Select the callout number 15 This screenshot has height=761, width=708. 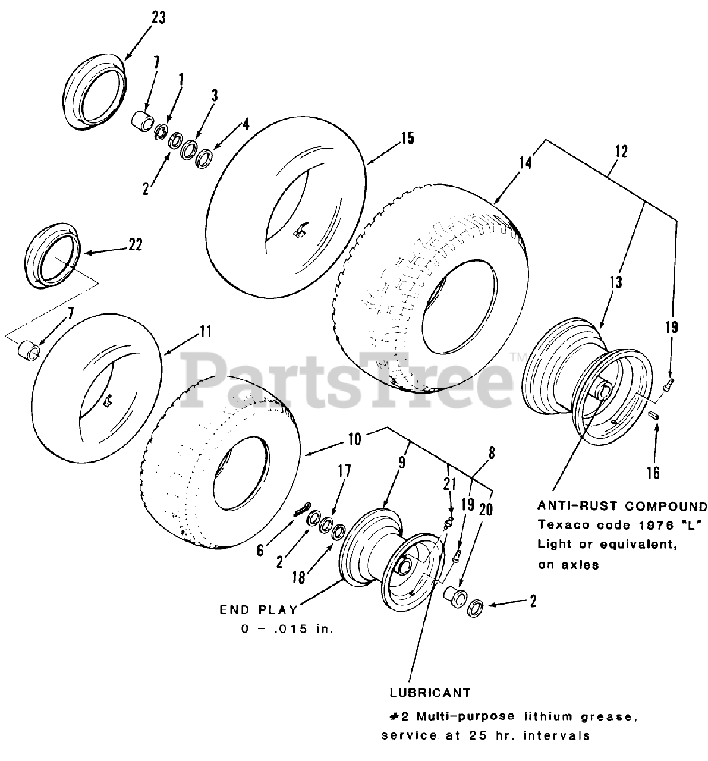[x=407, y=139]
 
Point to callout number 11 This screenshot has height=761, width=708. [x=205, y=331]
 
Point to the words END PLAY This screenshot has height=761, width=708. [x=258, y=609]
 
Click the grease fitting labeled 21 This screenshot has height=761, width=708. [x=449, y=523]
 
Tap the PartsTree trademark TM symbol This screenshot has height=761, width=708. [x=515, y=357]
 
